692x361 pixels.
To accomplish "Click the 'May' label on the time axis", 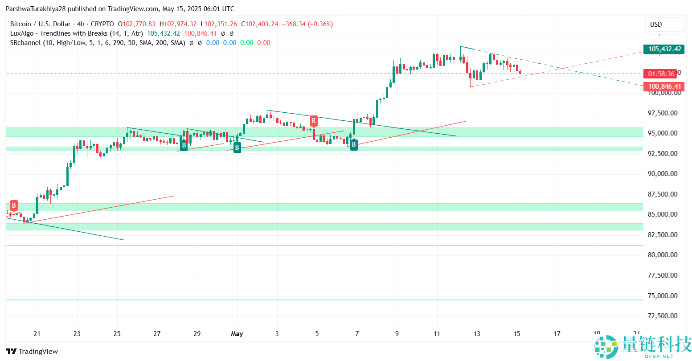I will pos(237,334).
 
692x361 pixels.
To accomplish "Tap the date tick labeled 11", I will pos(437,334).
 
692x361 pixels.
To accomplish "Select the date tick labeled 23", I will pos(77,334).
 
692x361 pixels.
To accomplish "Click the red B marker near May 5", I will pos(314,121).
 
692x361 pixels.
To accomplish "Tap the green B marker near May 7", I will pos(354,144).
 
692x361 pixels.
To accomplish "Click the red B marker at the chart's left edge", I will pos(14,205).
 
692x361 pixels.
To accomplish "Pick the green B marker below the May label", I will pos(237,148).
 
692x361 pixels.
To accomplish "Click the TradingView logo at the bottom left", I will pos(32,351).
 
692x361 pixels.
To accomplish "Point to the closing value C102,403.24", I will pos(265,24).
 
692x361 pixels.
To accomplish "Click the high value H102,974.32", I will pos(178,24).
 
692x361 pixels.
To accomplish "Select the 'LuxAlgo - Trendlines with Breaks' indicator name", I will pos(59,33).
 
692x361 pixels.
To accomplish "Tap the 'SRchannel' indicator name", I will pos(26,43).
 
